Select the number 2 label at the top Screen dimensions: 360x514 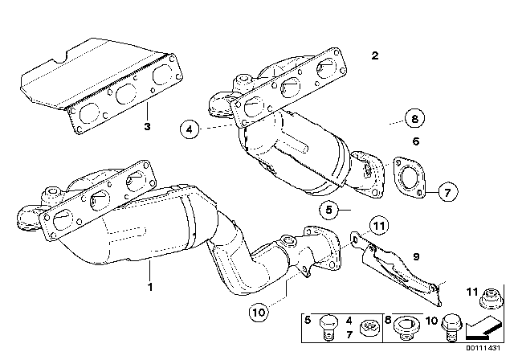(x=374, y=56)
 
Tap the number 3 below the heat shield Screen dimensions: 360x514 (x=148, y=126)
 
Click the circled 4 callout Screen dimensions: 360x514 (x=190, y=127)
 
